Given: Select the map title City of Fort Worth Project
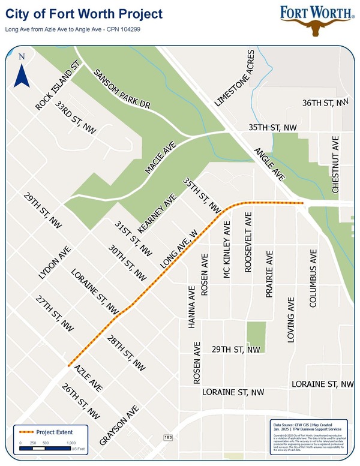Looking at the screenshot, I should tap(84, 13).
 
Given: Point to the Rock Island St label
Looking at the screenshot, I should tap(58, 88).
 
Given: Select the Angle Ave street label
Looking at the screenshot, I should tap(269, 164).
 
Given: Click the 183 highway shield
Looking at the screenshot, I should tap(168, 437).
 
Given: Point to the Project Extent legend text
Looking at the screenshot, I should tap(54, 432).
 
